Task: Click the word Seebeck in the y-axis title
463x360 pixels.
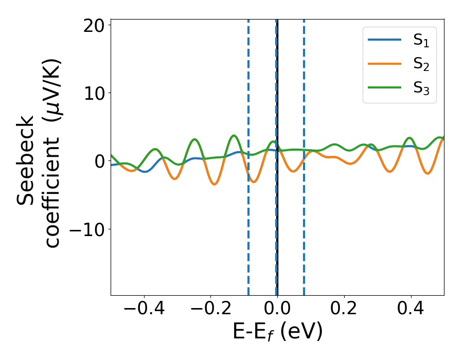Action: tap(27, 160)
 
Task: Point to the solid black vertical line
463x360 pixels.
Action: tap(278, 231)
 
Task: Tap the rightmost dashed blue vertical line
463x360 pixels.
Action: tap(304, 231)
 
